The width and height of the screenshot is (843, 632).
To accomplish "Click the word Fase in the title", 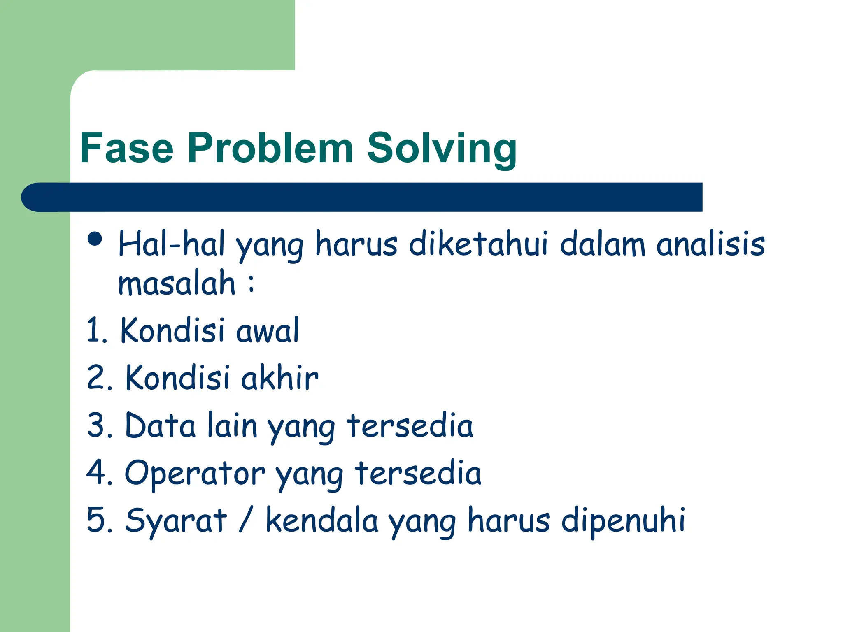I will click(x=126, y=148).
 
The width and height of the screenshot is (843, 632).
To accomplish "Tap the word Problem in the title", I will click(x=270, y=148).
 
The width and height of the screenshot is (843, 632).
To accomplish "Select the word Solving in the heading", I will click(x=441, y=149).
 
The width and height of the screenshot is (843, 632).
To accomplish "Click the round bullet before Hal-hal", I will click(x=95, y=239).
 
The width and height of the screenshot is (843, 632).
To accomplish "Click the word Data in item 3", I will click(x=160, y=425).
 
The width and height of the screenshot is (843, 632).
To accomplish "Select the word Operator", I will click(x=194, y=473).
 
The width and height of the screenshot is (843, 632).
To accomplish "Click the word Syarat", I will click(x=176, y=520).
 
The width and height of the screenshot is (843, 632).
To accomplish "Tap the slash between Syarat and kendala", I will click(x=245, y=520).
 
